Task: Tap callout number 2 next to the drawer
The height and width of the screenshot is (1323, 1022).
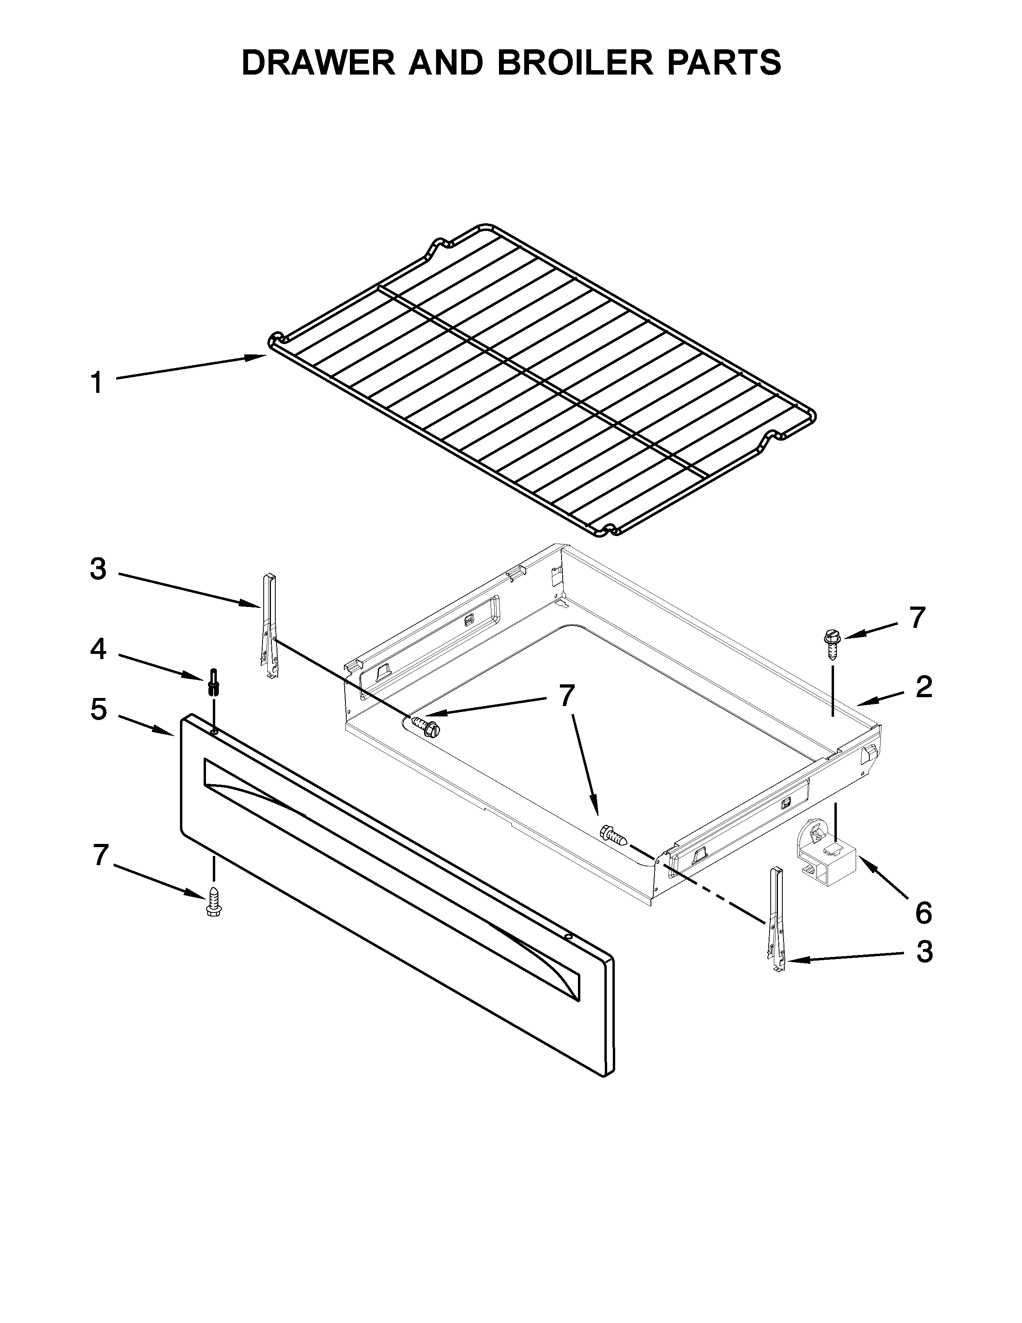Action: click(x=923, y=687)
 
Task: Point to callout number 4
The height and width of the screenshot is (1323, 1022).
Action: click(x=98, y=649)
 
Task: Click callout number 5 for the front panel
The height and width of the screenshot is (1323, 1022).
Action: click(x=99, y=709)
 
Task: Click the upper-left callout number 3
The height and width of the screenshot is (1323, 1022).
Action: click(x=98, y=569)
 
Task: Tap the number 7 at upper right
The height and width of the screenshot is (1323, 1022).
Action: click(x=918, y=618)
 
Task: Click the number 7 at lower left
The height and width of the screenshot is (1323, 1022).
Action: click(x=101, y=856)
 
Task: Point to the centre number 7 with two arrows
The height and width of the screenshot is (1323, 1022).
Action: click(x=566, y=696)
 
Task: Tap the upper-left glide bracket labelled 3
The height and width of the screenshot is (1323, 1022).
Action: click(x=269, y=626)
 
